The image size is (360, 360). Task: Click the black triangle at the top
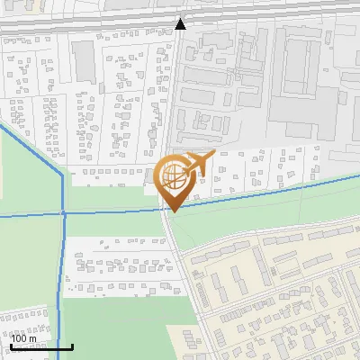181,23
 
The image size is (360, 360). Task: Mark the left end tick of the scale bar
10,346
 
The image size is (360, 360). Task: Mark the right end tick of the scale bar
72,346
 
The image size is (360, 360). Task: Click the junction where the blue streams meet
63,212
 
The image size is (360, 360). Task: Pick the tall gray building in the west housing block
84,60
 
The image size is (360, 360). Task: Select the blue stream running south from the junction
60,270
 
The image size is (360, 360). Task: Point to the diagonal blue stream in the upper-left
31,148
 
